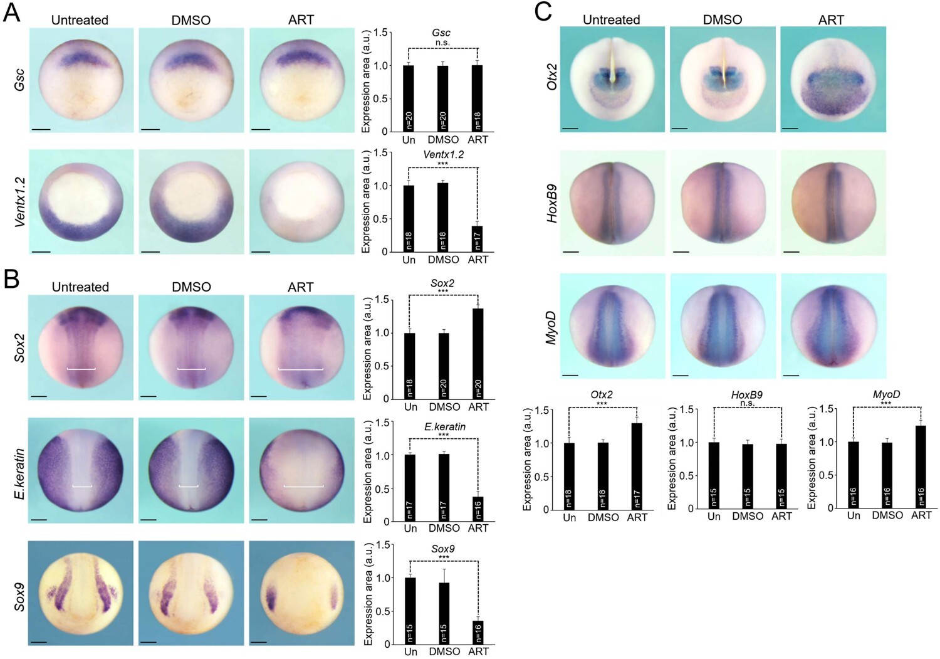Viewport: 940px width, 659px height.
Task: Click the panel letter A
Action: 11,12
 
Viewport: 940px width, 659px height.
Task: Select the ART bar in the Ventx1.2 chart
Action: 478,239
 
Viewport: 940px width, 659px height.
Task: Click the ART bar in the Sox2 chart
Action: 478,354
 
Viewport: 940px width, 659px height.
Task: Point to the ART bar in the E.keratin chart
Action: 478,509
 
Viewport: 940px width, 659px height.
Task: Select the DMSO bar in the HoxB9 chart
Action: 748,476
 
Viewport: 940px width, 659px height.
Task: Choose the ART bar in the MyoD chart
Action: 921,467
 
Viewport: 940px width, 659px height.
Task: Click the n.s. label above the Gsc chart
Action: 442,43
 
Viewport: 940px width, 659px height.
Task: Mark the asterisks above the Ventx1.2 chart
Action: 442,164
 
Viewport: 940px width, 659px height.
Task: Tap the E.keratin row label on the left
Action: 19,473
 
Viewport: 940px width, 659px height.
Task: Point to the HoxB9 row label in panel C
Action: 552,203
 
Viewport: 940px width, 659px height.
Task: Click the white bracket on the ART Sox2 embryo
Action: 301,369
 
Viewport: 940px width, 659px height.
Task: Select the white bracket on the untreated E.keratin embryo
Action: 82,486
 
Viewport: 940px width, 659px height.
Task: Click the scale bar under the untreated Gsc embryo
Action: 40,130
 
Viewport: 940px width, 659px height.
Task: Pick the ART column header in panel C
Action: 831,20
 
